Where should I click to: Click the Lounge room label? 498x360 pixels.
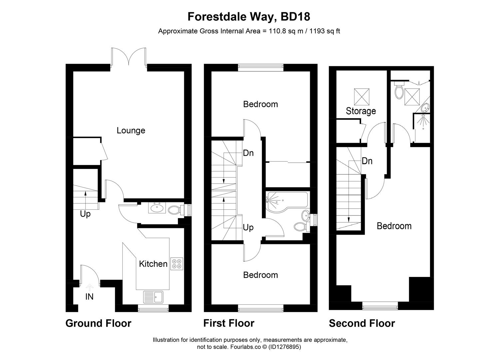click(x=131, y=130)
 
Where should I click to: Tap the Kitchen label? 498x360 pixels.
click(x=153, y=264)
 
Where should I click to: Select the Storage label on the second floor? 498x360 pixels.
click(x=361, y=111)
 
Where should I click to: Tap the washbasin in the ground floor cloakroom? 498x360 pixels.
click(x=157, y=208)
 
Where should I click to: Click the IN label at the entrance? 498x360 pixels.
click(x=89, y=296)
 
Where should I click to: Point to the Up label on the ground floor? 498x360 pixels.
click(x=85, y=214)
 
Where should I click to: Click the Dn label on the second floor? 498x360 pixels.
click(x=367, y=161)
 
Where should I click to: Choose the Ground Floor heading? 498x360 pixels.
click(x=98, y=323)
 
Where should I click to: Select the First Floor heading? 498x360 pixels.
click(x=229, y=323)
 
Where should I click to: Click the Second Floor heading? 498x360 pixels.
click(x=362, y=323)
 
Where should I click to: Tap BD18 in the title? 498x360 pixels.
click(x=295, y=16)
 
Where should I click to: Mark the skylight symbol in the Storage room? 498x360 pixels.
click(x=361, y=97)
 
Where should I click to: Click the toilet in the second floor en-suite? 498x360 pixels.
click(x=399, y=91)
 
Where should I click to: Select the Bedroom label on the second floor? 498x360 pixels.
click(x=394, y=226)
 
